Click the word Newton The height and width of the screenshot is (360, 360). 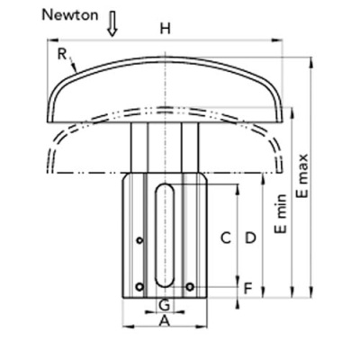coord(70,15)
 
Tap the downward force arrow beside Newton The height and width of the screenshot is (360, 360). coord(112,24)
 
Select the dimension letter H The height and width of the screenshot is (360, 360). coord(165,29)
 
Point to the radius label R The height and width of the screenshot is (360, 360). coord(61,54)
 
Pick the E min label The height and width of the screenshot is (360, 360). coord(281,213)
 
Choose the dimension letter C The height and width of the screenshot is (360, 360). coord(226,238)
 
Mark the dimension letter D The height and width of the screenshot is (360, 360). coord(250,238)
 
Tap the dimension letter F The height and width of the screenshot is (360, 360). coord(247,289)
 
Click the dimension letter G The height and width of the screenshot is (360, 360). coord(165,306)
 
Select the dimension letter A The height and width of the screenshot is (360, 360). coord(165,321)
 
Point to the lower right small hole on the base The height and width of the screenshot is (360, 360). coord(190,287)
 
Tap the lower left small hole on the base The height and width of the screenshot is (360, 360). coord(139,287)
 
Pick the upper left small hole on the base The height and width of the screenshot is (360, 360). coord(139,240)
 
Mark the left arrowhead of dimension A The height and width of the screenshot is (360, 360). coord(128,327)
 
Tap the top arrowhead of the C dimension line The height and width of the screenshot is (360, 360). coord(238,190)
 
